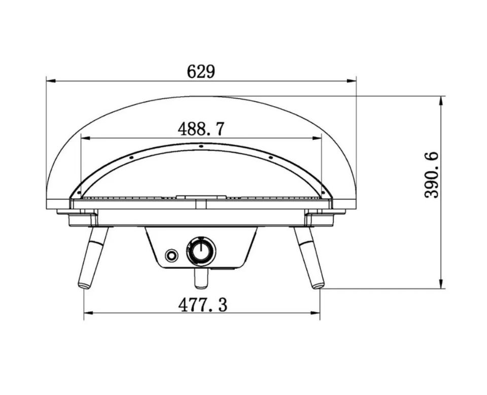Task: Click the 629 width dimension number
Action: (x=201, y=71)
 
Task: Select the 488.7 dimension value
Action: (x=201, y=129)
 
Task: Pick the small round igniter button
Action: (x=171, y=256)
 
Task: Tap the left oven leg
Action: (x=93, y=258)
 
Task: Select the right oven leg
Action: (x=309, y=258)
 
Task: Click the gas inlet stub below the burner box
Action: (x=201, y=277)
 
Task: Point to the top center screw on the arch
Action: (x=201, y=146)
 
